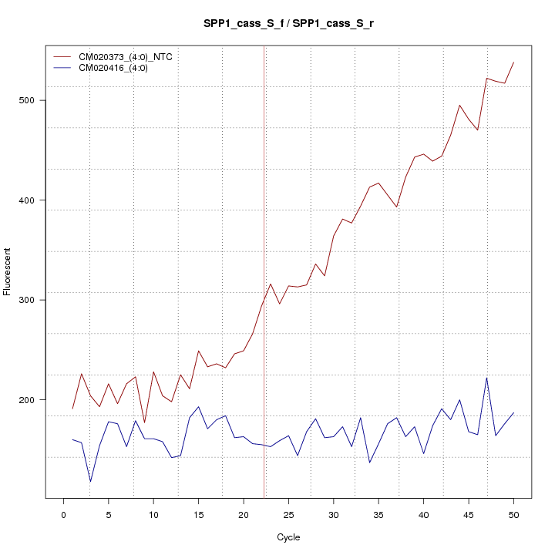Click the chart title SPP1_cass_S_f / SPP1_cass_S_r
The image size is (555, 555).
coord(288,25)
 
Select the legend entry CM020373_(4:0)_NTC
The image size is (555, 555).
coord(120,57)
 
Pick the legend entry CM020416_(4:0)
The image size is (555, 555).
coord(108,68)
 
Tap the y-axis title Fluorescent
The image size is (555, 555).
coord(8,271)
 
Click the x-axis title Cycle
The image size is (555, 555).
coord(288,537)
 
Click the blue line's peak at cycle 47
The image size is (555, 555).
coord(486,378)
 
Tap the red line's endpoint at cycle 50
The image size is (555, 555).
coord(513,62)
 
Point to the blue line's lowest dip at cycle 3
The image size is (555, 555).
coord(90,482)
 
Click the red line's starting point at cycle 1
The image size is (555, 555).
coord(72,409)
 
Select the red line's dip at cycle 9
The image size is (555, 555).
coord(144,422)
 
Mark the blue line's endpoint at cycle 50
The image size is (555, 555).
coord(513,412)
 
